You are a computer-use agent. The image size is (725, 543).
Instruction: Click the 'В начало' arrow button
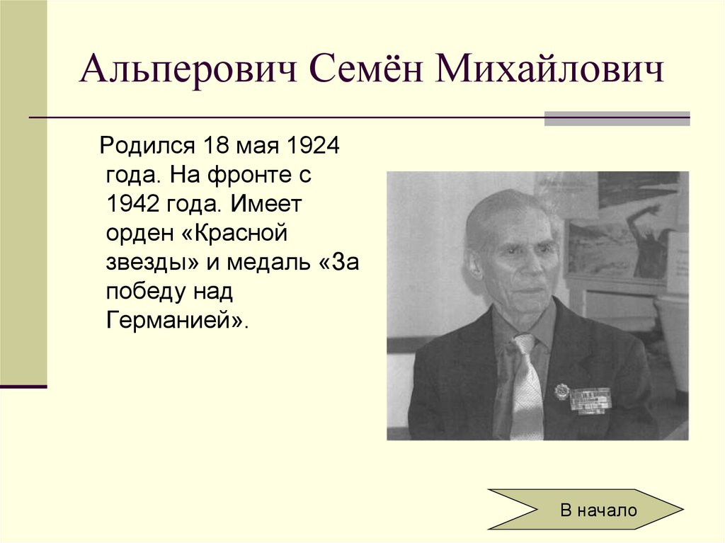pos(586,509)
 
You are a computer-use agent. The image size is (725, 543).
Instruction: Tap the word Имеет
pos(265,205)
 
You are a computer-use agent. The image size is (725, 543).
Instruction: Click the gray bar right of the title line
pos(617,118)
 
